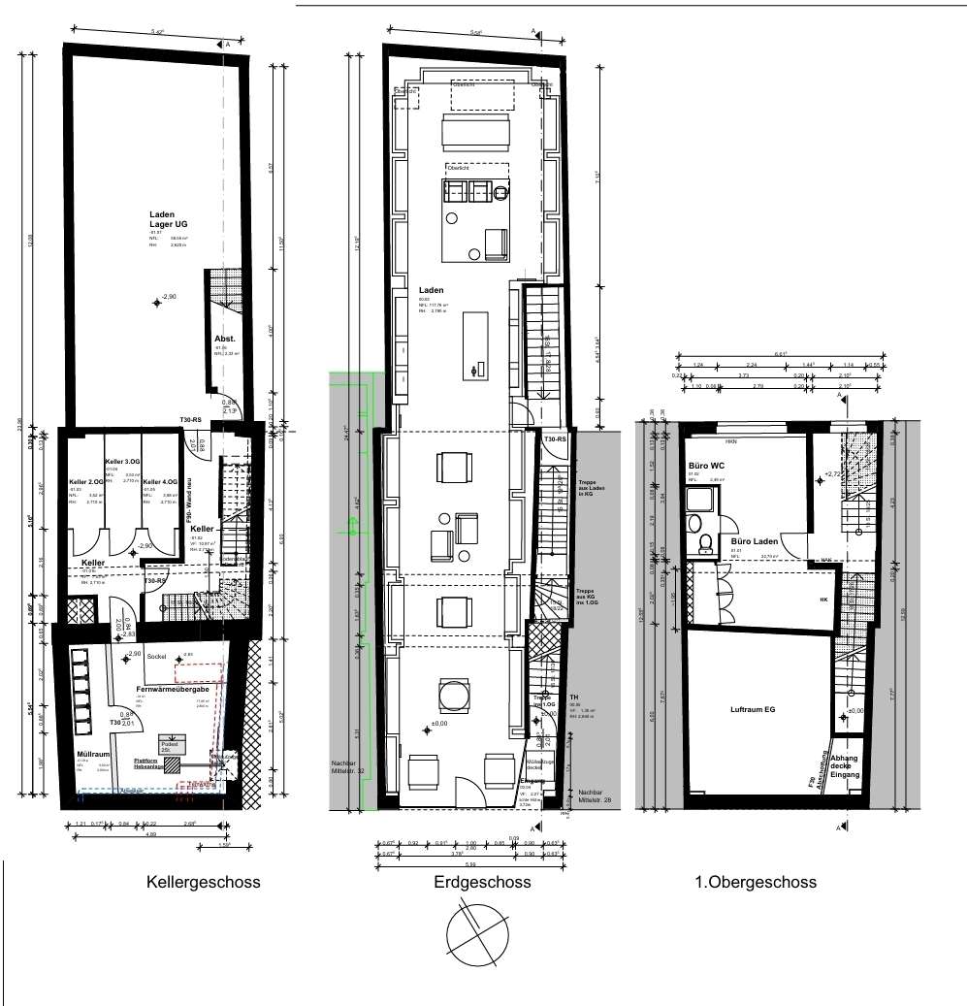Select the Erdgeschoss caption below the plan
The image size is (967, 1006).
tap(482, 883)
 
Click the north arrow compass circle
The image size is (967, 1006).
tap(477, 932)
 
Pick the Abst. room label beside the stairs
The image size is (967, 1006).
tap(224, 339)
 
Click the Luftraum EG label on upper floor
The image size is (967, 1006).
tap(754, 710)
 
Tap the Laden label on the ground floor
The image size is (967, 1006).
tap(431, 290)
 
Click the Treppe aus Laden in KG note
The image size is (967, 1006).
tap(592, 488)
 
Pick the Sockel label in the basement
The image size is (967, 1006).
tap(157, 657)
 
